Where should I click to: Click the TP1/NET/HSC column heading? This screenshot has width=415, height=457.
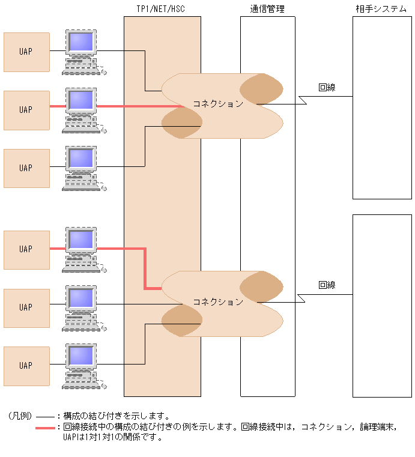pos(162,9)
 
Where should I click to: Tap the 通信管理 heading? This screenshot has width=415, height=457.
pos(267,9)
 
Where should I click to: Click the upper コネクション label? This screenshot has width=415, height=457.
pos(217,104)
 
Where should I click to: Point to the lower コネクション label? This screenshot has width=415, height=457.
pos(217,301)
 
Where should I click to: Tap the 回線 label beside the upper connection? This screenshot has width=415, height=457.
pos(327,88)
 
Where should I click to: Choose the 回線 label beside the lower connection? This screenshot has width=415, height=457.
pos(327,285)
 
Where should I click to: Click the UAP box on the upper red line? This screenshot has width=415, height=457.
pos(26,110)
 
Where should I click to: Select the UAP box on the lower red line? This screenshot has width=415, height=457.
pos(26,249)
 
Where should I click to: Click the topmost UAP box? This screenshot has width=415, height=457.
pos(26,52)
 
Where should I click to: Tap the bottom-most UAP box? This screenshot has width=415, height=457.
pos(26,365)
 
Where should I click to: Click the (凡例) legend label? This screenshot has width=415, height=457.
pos(19,416)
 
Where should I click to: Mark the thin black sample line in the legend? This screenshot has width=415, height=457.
pos(45,416)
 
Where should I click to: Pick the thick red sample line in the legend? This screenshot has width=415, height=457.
pos(45,428)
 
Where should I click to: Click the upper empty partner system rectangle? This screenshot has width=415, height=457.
pos(382,107)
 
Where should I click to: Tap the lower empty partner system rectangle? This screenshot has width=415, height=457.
pos(382,306)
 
